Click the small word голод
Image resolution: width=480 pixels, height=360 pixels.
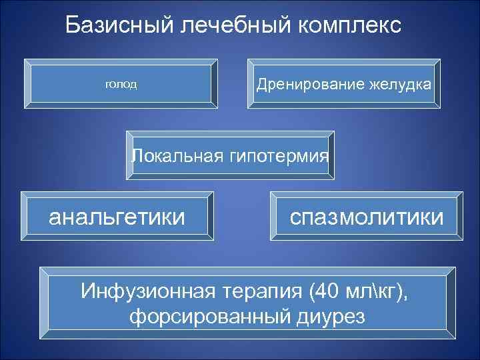coord(121,85)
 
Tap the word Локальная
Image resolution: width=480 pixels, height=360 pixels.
coord(175,156)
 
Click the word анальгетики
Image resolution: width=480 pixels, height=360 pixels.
coord(117,216)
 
